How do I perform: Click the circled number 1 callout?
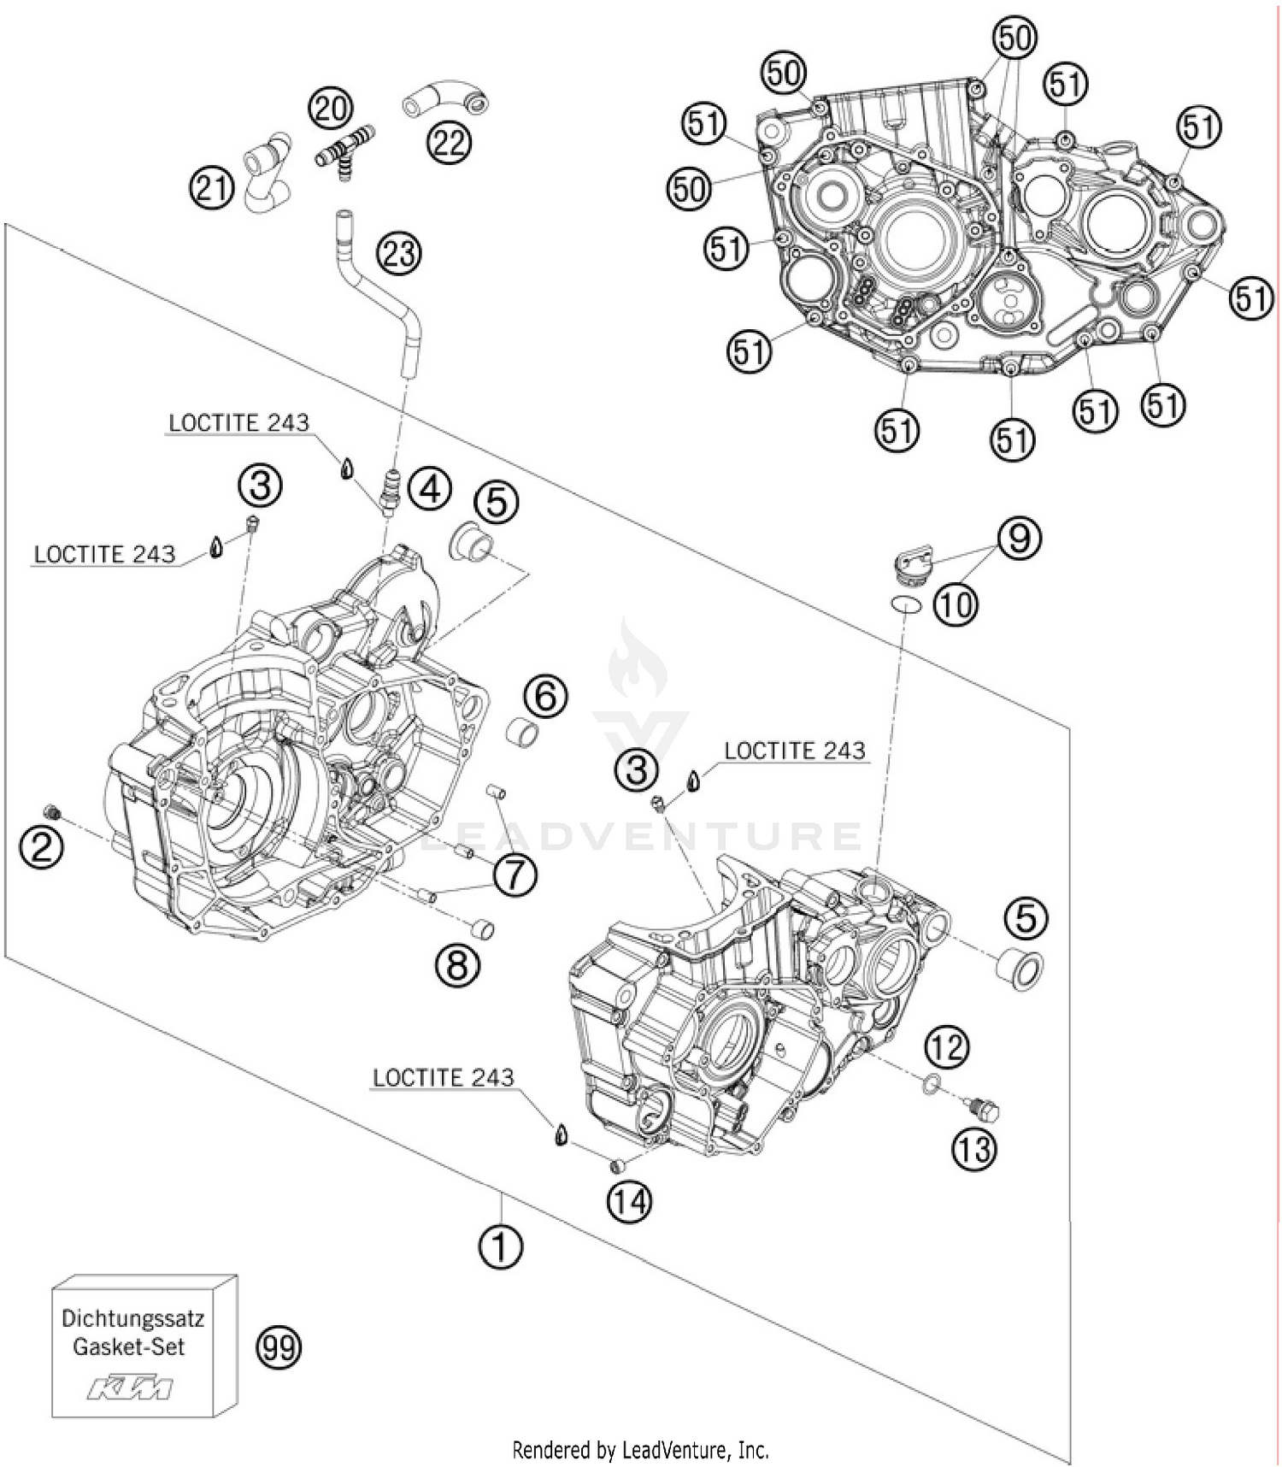tap(500, 1247)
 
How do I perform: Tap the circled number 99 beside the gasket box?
tap(279, 1347)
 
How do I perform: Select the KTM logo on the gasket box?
tap(130, 1387)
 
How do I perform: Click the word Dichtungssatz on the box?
tap(132, 1317)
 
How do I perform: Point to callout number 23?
tap(399, 254)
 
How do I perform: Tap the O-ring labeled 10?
tap(905, 604)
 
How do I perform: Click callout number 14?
tap(630, 1201)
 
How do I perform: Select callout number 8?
tap(457, 966)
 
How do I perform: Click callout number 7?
tap(515, 875)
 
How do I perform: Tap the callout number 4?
tap(429, 489)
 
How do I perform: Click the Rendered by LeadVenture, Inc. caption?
tap(640, 1450)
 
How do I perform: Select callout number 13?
tap(974, 1149)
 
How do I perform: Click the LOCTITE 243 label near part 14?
tap(444, 1077)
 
